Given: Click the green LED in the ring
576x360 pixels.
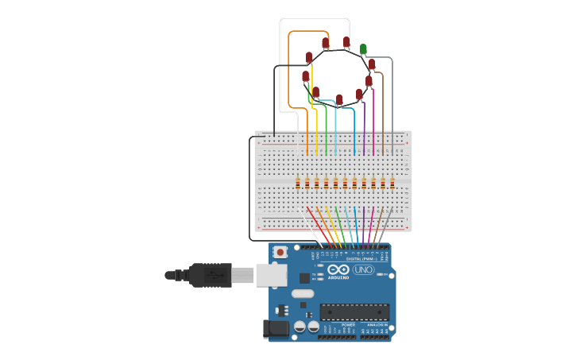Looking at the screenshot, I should [363, 49].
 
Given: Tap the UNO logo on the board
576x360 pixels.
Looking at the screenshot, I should [363, 270].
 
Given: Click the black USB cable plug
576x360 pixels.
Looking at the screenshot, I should [209, 275].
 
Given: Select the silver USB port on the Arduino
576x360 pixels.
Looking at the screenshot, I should [272, 275].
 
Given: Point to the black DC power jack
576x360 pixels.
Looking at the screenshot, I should [275, 327].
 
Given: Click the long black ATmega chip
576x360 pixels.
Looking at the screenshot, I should [354, 312].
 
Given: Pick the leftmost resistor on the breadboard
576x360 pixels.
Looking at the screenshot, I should [298, 184].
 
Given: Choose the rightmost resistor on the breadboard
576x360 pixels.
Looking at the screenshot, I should [392, 184].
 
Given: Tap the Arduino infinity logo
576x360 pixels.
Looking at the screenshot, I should [338, 270].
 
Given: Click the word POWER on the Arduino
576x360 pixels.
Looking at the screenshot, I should [348, 325].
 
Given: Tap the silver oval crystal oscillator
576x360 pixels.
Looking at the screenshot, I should [303, 293].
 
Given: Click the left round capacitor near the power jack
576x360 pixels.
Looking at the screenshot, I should [300, 326].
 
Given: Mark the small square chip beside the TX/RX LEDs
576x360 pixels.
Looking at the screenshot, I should [304, 278].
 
